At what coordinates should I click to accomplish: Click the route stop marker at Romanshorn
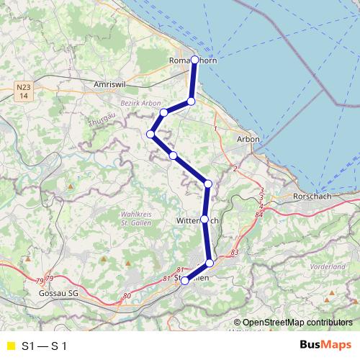[x=194, y=60]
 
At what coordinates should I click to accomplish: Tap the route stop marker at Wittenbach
[x=204, y=219]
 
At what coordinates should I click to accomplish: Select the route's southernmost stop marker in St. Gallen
[x=184, y=281]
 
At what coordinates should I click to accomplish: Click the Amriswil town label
[x=110, y=84]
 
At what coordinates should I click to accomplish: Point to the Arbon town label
[x=248, y=138]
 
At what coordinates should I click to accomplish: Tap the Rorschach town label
[x=311, y=197]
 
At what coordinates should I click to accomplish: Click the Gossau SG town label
[x=58, y=294]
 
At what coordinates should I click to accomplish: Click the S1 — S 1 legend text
[x=45, y=346]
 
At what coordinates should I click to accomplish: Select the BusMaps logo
[x=325, y=346]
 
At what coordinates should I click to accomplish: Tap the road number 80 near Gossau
[x=127, y=295]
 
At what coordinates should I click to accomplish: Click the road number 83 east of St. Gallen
[x=234, y=253]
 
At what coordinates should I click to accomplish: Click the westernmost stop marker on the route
[x=151, y=134]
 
